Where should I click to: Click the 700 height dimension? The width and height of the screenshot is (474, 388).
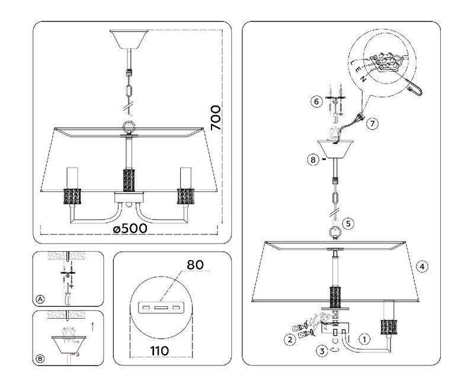pyautogui.click(x=216, y=117)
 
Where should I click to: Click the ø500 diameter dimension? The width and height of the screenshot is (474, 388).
pyautogui.click(x=130, y=229)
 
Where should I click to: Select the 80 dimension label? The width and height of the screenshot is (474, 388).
pyautogui.click(x=196, y=265)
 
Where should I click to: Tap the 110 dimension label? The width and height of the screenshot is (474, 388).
pyautogui.click(x=159, y=351)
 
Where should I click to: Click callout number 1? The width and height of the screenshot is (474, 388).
pyautogui.click(x=364, y=339)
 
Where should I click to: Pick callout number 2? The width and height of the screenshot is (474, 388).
pyautogui.click(x=290, y=339)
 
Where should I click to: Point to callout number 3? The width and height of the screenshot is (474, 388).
pyautogui.click(x=322, y=351)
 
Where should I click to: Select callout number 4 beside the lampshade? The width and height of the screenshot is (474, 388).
pyautogui.click(x=422, y=267)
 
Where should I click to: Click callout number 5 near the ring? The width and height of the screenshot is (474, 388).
pyautogui.click(x=348, y=223)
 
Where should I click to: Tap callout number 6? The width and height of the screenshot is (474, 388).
pyautogui.click(x=316, y=101)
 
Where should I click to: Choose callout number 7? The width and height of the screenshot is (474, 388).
pyautogui.click(x=373, y=123)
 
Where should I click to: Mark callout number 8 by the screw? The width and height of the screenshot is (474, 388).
pyautogui.click(x=313, y=159)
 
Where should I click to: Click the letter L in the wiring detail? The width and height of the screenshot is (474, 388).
pyautogui.click(x=353, y=63)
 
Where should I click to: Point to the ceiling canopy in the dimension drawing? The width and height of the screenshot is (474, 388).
pyautogui.click(x=129, y=40)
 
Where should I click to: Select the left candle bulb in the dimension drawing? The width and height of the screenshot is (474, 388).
pyautogui.click(x=72, y=178)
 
